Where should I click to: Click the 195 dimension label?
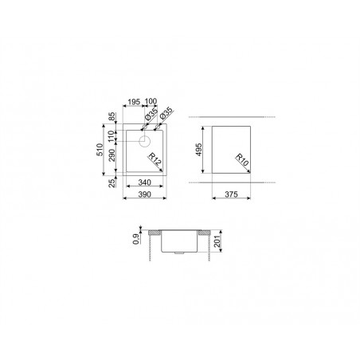point(134,102)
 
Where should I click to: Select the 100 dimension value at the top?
point(151,101)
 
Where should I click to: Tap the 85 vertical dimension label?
point(112,117)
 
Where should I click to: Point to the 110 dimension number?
point(112,136)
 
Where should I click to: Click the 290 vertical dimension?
point(112,155)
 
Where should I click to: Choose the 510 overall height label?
point(100,150)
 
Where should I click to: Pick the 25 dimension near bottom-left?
point(112,183)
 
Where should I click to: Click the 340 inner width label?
point(145,182)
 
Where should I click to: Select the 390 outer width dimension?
point(145,194)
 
